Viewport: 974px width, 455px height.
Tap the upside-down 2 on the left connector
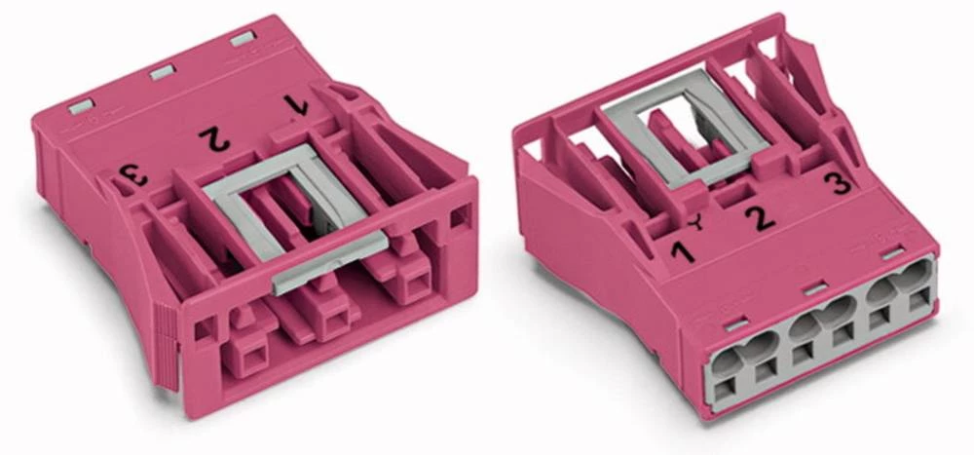(x=214, y=138)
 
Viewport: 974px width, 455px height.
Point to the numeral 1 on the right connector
(x=682, y=252)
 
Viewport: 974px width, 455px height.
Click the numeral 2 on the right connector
(x=760, y=218)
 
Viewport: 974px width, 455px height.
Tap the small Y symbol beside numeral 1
(x=698, y=222)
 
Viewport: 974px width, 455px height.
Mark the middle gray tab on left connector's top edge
(x=163, y=73)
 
